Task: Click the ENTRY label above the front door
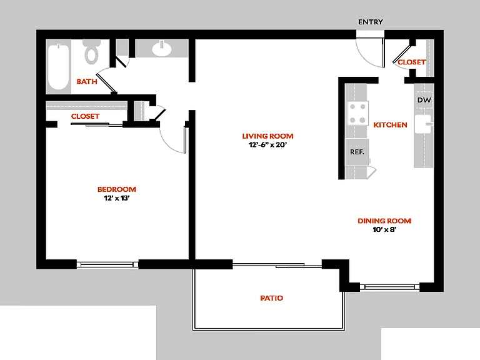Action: coord(371,22)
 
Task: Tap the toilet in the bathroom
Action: coord(91,52)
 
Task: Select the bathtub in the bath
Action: coord(59,66)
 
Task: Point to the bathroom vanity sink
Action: coord(162,48)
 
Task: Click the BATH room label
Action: coord(87,81)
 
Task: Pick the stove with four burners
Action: coord(357,113)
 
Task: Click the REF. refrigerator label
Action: coord(357,152)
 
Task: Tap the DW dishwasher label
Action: coord(424,100)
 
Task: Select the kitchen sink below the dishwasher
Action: coord(424,124)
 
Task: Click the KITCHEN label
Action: coord(390,125)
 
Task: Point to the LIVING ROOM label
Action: coord(268,136)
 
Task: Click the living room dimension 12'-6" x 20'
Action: coord(268,145)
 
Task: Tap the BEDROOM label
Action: coord(117,189)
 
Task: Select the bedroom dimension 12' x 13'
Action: coord(117,198)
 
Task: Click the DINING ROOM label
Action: coord(384,221)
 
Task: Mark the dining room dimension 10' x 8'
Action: coord(384,229)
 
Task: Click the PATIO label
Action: coord(271,298)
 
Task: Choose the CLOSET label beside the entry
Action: coord(412,62)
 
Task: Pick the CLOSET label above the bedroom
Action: coord(85,116)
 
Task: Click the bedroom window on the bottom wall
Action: coord(107,264)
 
